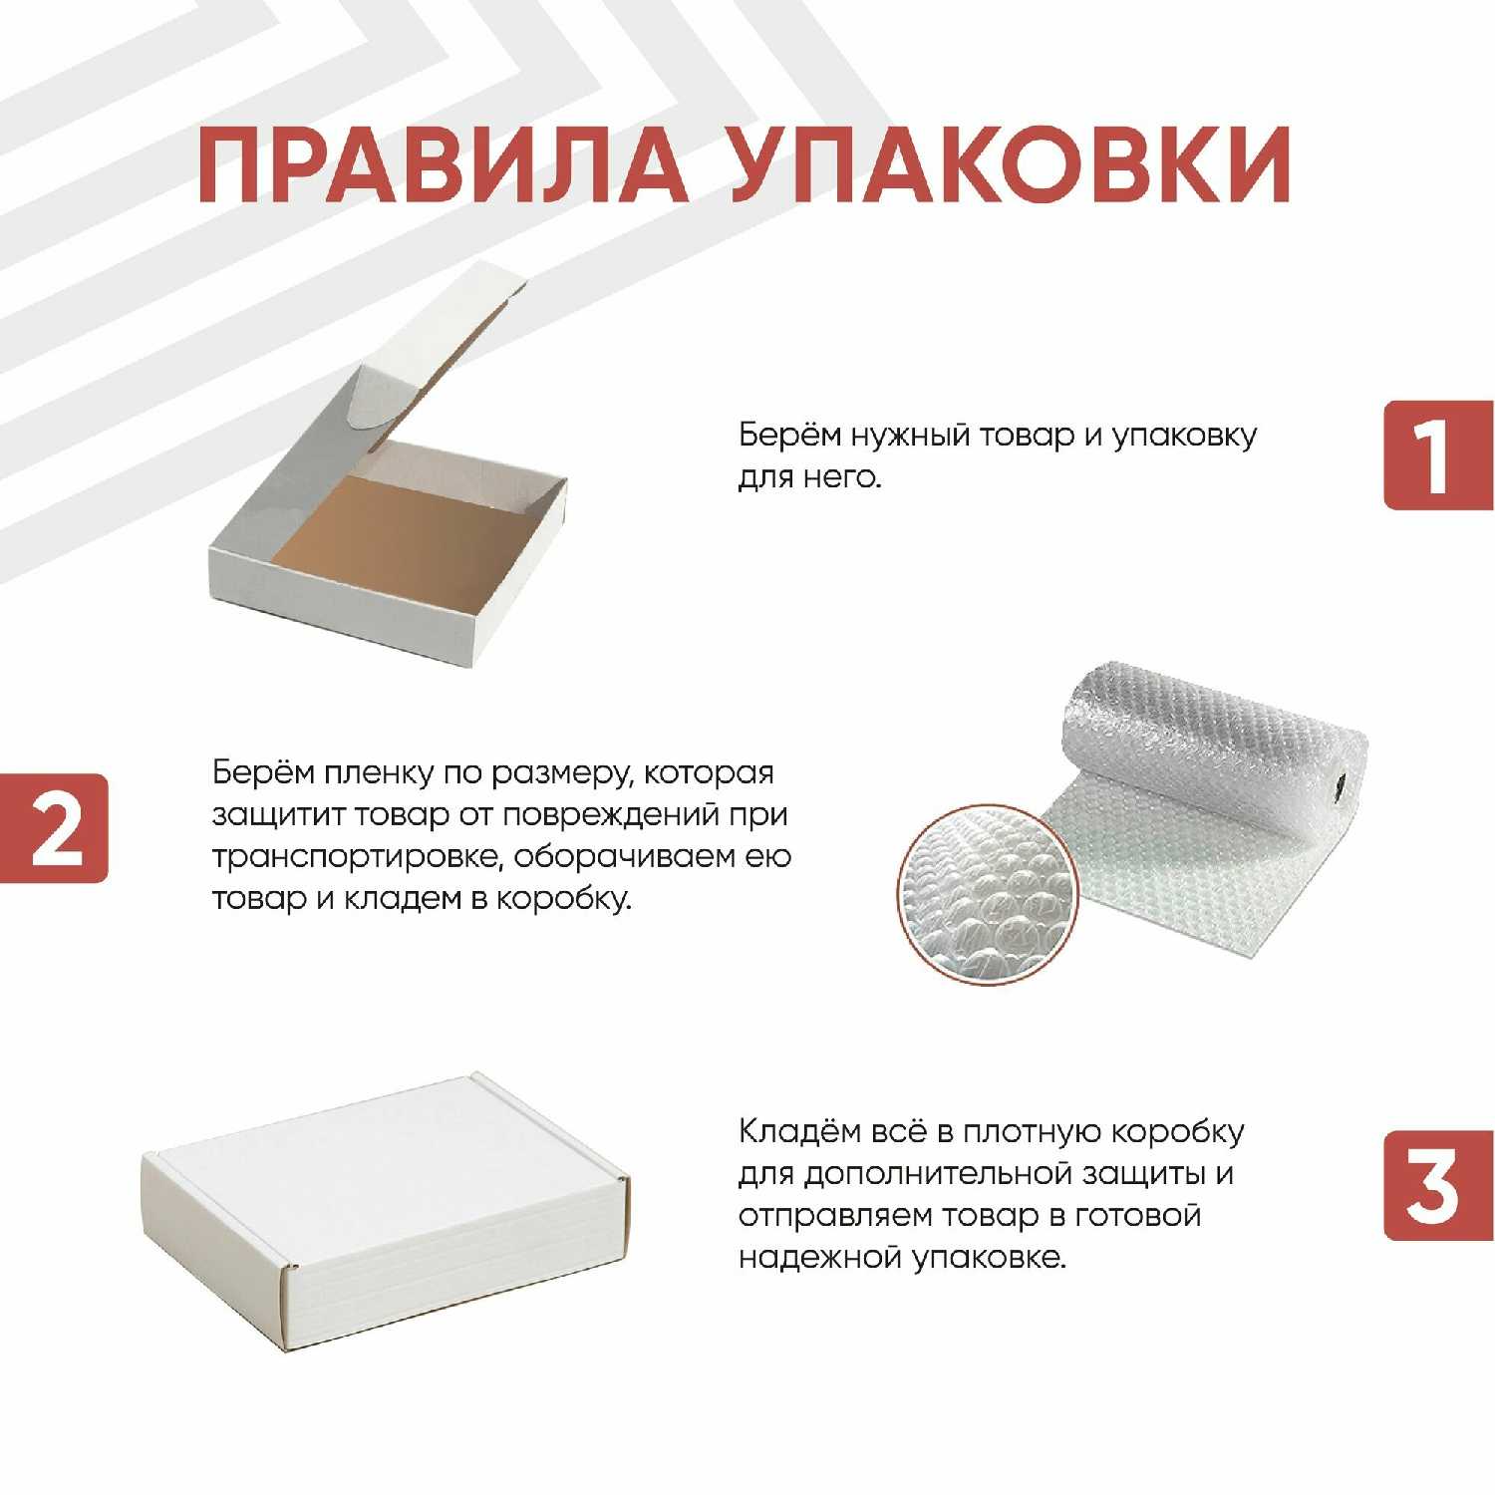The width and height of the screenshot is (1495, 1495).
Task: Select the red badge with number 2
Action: coord(54,828)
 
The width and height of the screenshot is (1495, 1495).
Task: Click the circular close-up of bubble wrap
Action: coord(987,895)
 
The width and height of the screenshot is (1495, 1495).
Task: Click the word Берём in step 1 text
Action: coord(789,436)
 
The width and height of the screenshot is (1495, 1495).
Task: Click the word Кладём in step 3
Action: coord(799,1133)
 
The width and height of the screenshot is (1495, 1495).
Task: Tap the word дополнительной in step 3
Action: coord(934,1175)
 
